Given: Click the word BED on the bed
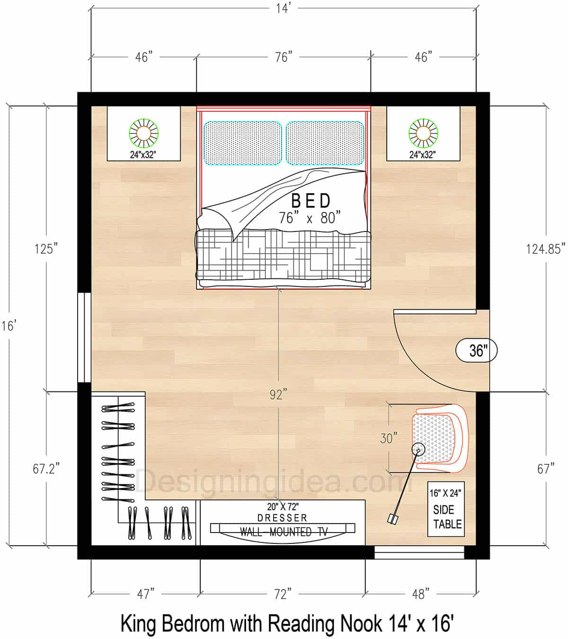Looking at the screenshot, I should (x=311, y=201).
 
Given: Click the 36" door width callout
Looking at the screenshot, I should (x=477, y=351).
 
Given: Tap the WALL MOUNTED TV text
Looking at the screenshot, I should (x=283, y=532).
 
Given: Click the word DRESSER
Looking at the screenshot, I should (x=283, y=518).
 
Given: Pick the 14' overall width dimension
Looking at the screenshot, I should (x=283, y=8).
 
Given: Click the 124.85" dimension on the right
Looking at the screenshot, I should (x=545, y=248).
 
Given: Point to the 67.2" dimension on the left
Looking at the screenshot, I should (x=46, y=469).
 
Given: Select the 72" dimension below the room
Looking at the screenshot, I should (x=283, y=594).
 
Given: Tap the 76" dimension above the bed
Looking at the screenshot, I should (x=283, y=57).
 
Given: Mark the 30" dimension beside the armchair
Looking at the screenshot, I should (x=388, y=439).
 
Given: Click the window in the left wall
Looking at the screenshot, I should (x=84, y=337).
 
